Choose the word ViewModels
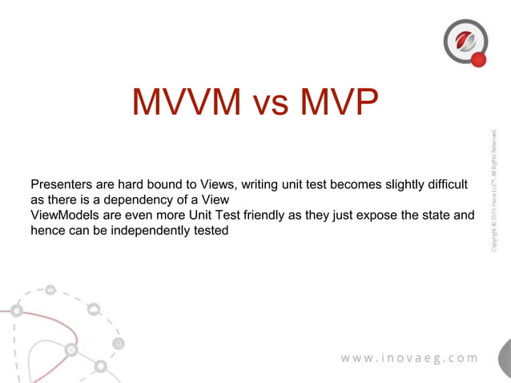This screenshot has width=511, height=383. [64, 216]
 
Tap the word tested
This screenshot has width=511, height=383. [210, 231]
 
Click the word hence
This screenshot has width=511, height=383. [46, 231]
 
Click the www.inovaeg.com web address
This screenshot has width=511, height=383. [409, 357]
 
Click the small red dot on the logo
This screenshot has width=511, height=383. [479, 59]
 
